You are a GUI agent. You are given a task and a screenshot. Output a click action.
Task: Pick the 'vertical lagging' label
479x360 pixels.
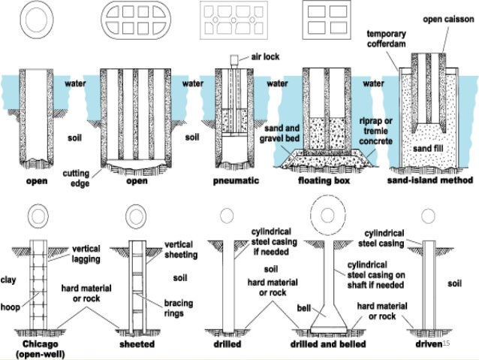tap(92, 254)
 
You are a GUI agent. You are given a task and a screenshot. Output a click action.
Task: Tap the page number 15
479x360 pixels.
tap(447, 343)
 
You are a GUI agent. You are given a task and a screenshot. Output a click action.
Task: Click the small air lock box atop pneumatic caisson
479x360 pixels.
tap(234, 58)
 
